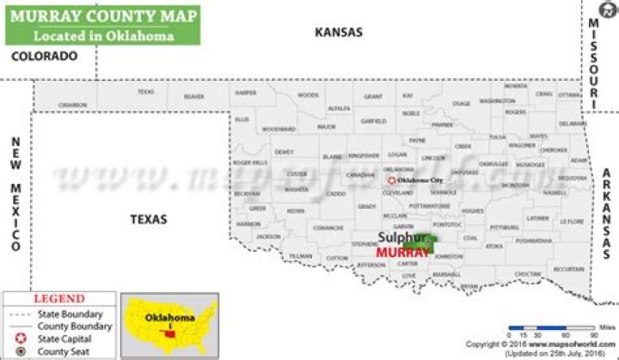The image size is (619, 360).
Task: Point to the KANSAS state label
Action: pyautogui.click(x=339, y=32)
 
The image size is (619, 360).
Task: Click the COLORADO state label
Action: pyautogui.click(x=44, y=56)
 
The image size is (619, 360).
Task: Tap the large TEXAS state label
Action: pyautogui.click(x=148, y=219)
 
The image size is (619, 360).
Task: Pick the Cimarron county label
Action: pyautogui.click(x=72, y=105)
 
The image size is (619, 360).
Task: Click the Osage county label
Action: pyautogui.click(x=461, y=104)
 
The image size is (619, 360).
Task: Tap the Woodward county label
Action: pyautogui.click(x=278, y=129)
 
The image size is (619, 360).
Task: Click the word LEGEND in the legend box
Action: pyautogui.click(x=58, y=300)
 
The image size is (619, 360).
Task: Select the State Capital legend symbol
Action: pyautogui.click(x=19, y=339)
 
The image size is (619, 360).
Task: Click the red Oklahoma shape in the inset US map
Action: pyautogui.click(x=170, y=326)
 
